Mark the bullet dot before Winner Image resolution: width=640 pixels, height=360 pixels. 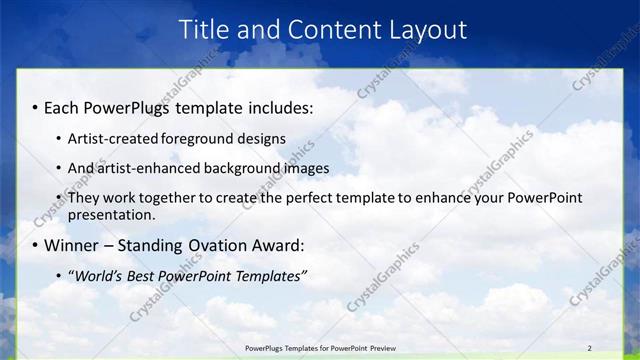[36, 246]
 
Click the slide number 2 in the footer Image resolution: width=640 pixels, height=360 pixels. [589, 347]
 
